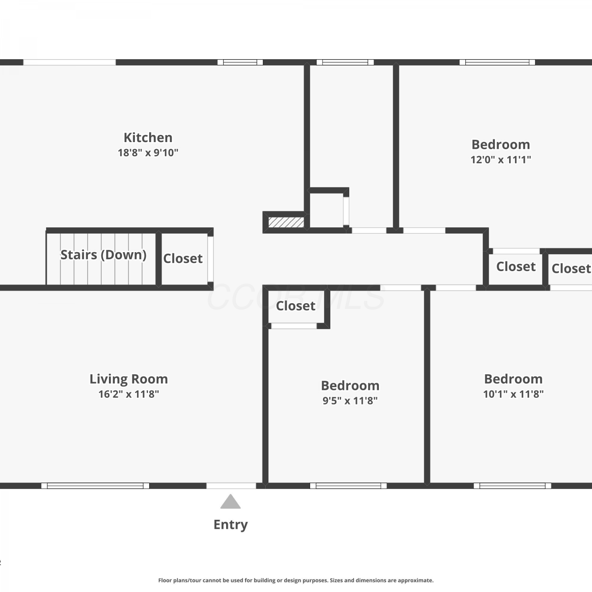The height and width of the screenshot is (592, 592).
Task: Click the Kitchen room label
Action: [148, 137]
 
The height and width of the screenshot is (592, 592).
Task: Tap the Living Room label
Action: [129, 379]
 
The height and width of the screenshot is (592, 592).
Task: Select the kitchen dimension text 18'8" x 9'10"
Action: [148, 153]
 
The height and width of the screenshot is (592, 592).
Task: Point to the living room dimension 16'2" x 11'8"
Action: [129, 394]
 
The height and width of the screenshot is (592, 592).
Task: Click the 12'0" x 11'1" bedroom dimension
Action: [501, 159]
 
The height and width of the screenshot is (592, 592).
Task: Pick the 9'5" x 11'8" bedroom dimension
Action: [350, 401]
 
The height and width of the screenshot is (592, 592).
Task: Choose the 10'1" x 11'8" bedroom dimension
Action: [513, 394]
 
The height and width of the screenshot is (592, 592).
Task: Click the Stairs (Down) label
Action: [103, 255]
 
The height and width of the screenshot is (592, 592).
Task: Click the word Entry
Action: [230, 525]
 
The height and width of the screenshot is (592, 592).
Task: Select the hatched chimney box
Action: [286, 222]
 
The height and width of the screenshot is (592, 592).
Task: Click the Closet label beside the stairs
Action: [183, 259]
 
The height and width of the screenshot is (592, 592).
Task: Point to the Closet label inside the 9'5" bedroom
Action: [296, 306]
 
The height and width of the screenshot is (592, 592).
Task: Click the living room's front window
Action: [95, 486]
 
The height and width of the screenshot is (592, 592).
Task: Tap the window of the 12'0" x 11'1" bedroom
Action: [497, 62]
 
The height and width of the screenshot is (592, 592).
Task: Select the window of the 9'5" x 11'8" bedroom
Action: [348, 486]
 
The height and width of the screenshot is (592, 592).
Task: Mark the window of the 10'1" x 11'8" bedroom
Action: [513, 486]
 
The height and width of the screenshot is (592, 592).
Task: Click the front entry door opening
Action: [231, 486]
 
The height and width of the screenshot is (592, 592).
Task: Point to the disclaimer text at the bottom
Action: [296, 580]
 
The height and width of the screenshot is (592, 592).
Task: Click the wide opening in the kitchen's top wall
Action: [69, 62]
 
